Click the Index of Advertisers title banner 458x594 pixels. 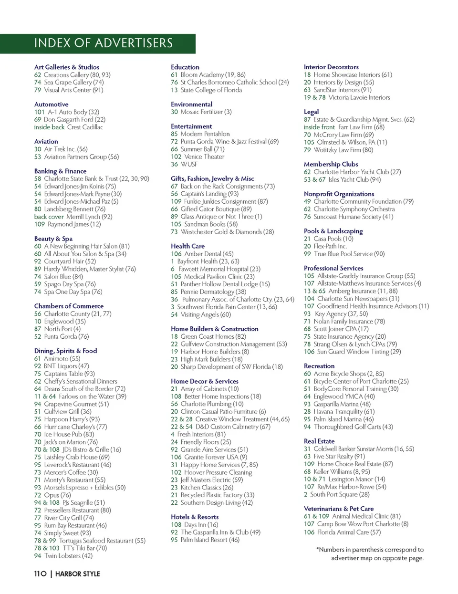[103, 43]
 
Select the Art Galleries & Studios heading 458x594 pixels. [67, 67]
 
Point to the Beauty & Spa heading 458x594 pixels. [53, 239]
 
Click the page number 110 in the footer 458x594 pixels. [40, 574]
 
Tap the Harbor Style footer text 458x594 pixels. [78, 574]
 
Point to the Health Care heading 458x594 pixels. [187, 246]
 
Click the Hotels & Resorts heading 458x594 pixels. [195, 517]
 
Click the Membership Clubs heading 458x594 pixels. [331, 164]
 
